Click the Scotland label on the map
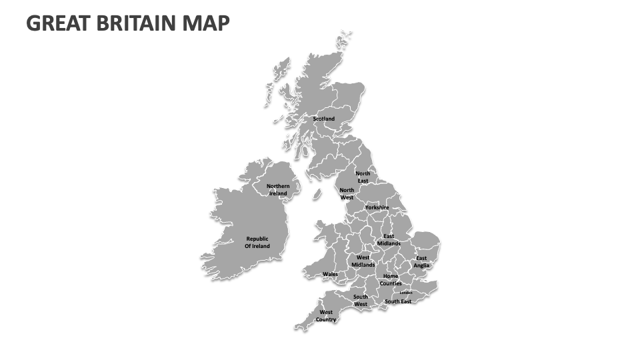324,119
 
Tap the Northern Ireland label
278,190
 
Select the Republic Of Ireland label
257,243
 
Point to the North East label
363,177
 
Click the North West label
347,194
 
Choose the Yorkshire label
377,207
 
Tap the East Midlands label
389,240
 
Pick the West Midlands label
363,261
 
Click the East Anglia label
421,262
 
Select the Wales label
330,274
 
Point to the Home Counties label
391,280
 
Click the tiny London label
406,293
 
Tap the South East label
398,301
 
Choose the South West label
361,301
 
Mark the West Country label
326,316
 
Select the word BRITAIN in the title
137,23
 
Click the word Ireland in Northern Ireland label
278,194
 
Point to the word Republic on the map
257,239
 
